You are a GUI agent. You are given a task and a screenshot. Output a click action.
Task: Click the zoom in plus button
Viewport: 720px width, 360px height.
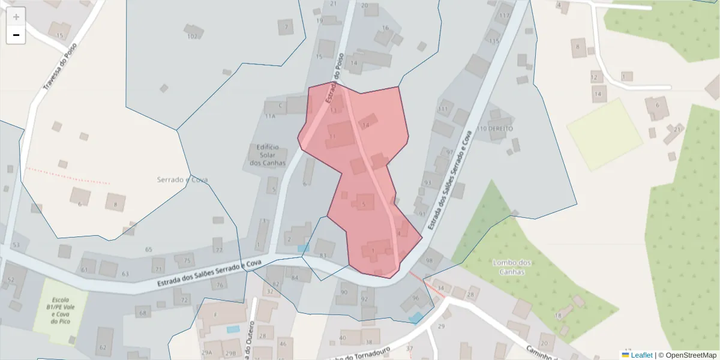(x=16, y=17)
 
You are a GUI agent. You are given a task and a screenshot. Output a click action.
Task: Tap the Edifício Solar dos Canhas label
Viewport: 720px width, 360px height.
(x=268, y=155)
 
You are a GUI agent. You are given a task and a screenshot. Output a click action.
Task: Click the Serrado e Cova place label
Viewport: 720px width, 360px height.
(x=182, y=179)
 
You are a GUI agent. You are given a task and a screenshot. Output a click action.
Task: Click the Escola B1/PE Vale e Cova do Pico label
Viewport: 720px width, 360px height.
(x=59, y=310)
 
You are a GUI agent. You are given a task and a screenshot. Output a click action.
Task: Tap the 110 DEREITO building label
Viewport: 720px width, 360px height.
(x=495, y=129)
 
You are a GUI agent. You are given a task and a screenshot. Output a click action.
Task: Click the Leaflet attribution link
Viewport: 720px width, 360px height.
(x=641, y=355)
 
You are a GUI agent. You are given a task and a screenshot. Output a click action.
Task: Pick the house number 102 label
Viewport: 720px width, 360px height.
(x=192, y=37)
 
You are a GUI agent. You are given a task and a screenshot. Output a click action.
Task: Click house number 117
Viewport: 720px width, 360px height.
(x=504, y=16)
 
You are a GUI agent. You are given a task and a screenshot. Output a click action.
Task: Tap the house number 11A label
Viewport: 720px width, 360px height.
(x=270, y=116)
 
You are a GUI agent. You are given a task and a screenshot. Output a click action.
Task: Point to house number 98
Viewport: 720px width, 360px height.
(x=429, y=261)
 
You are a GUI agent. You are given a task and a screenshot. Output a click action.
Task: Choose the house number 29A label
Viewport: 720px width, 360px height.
(x=207, y=353)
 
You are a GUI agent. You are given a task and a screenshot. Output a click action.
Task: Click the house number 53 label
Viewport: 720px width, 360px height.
(x=16, y=245)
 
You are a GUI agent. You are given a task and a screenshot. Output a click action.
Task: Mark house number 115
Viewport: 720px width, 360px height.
(x=494, y=41)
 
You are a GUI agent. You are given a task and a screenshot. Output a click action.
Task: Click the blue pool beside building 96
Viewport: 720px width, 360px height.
(x=415, y=317)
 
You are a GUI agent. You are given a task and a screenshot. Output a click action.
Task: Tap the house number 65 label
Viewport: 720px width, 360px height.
(x=149, y=249)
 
